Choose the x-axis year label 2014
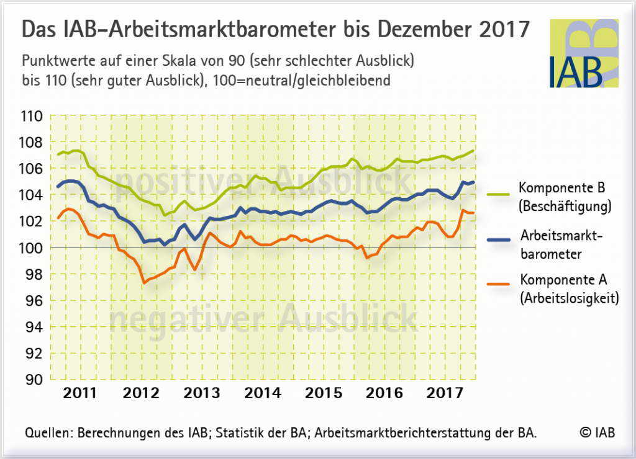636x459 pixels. [261, 393]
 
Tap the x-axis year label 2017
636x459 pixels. [445, 393]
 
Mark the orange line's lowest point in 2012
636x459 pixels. [144, 282]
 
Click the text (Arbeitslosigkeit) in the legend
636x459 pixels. [570, 298]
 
